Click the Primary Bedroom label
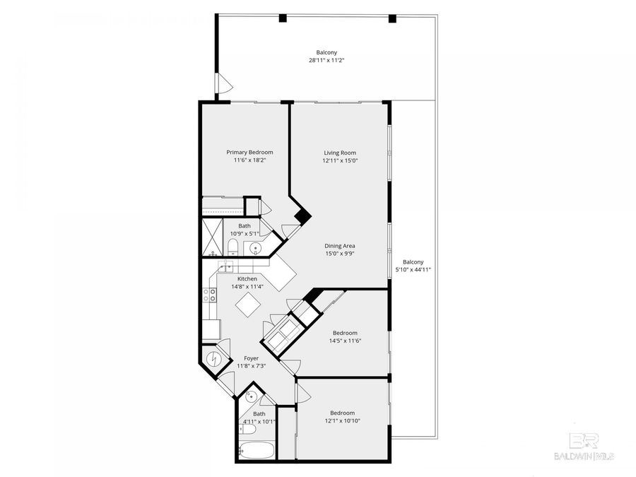249,152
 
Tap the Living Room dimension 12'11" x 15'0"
340,160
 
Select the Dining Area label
340,245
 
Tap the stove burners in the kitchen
210,295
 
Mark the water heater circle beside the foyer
213,358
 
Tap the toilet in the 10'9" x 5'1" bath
232,247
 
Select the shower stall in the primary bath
213,232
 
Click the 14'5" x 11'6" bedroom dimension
345,341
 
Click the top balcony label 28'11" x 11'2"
326,61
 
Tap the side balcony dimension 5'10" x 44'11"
413,269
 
